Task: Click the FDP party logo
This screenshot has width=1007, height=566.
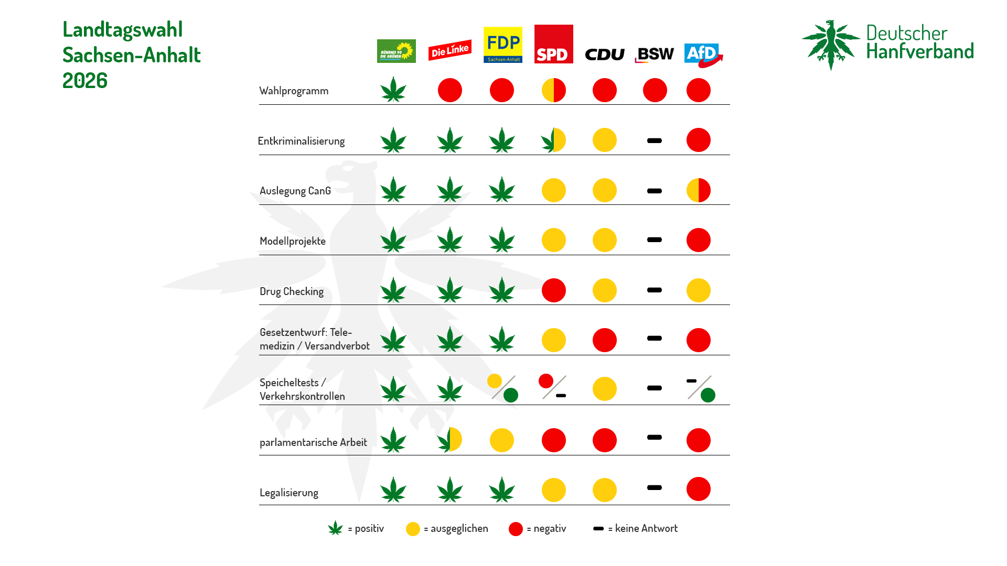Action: [502, 45]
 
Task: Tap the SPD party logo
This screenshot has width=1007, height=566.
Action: [553, 44]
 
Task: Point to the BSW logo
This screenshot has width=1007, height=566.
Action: [654, 55]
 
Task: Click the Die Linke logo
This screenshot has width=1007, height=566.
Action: [449, 50]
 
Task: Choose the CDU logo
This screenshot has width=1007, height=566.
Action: [604, 55]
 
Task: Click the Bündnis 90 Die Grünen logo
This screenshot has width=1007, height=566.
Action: [396, 51]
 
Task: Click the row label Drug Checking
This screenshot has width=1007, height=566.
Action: [292, 291]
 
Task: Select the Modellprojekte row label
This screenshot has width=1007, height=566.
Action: [293, 241]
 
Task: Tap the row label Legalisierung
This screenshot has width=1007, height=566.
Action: [289, 493]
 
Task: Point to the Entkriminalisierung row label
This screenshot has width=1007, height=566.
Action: [301, 141]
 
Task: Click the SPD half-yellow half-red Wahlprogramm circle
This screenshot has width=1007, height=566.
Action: [554, 90]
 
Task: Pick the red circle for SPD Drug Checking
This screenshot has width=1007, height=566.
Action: [554, 290]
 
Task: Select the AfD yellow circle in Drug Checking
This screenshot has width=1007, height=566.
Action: [699, 290]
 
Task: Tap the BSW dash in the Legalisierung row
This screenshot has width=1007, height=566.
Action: [655, 487]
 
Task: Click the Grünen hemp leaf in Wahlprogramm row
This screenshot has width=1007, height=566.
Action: [393, 90]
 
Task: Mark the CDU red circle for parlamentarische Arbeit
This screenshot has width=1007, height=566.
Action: [605, 440]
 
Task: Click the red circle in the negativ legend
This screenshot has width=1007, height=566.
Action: [516, 529]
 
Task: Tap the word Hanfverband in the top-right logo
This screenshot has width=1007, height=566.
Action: [920, 51]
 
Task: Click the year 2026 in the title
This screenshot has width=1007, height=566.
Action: [85, 81]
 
